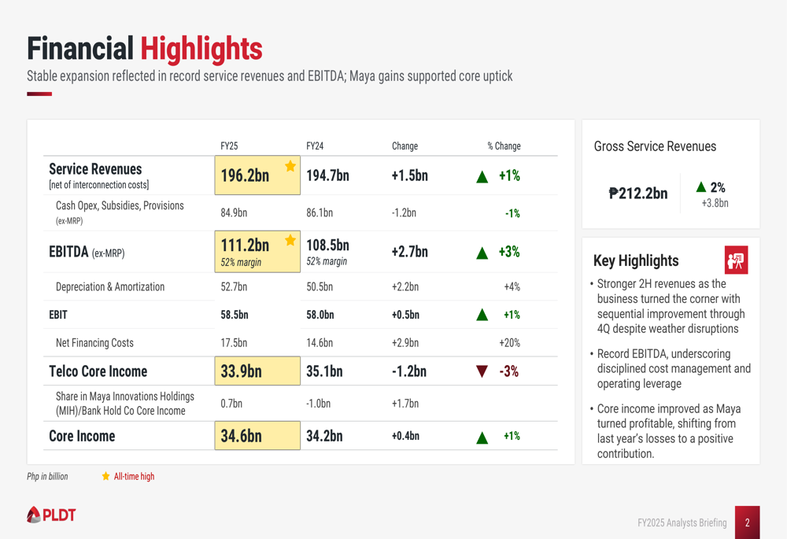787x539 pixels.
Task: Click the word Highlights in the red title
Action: [201, 49]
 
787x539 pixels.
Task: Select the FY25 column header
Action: [229, 146]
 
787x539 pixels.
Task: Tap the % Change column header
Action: [504, 146]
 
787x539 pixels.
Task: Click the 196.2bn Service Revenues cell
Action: [245, 176]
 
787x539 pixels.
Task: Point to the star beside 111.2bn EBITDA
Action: [290, 241]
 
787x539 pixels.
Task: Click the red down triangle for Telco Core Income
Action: [482, 371]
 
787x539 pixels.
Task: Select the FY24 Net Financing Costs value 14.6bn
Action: [320, 343]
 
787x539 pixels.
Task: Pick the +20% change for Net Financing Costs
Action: [509, 343]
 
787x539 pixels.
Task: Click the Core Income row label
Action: [82, 436]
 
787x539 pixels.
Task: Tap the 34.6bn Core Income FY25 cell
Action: [242, 436]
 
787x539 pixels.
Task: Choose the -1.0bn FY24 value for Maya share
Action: [318, 404]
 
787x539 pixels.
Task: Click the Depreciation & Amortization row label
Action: [110, 287]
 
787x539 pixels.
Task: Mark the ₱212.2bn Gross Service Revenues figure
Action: [638, 194]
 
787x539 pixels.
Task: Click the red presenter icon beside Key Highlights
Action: [736, 260]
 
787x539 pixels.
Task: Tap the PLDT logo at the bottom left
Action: [51, 515]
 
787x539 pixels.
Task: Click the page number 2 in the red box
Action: [747, 522]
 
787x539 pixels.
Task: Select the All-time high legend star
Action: [105, 476]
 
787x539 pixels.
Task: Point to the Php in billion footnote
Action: [47, 476]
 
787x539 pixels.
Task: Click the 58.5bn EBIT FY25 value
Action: [235, 315]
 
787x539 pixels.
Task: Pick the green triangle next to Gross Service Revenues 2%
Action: [701, 187]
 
